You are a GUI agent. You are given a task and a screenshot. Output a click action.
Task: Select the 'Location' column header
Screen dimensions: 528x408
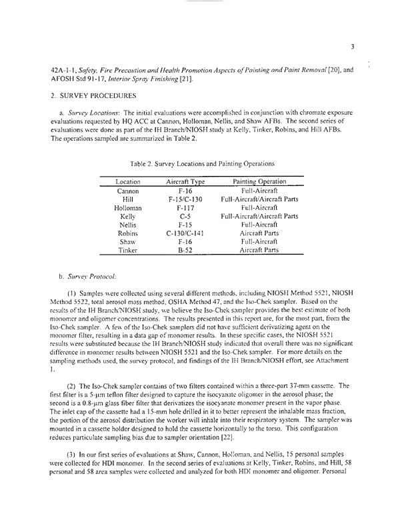(x=127, y=181)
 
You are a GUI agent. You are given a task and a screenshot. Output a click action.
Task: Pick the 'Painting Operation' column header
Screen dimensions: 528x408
(x=259, y=181)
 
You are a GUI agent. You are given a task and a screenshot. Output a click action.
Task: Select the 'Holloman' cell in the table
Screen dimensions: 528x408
(x=127, y=208)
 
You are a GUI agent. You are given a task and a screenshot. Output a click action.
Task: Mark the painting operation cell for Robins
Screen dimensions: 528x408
(x=259, y=234)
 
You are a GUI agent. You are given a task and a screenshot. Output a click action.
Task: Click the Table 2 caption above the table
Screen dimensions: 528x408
(x=204, y=163)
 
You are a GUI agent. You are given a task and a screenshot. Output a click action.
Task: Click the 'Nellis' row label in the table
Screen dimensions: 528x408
(x=127, y=226)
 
